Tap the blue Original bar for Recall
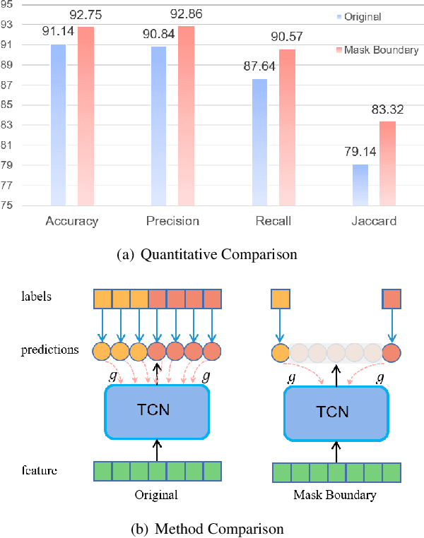260,142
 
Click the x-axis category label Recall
272,221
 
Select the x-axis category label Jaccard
375,221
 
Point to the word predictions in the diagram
49,349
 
